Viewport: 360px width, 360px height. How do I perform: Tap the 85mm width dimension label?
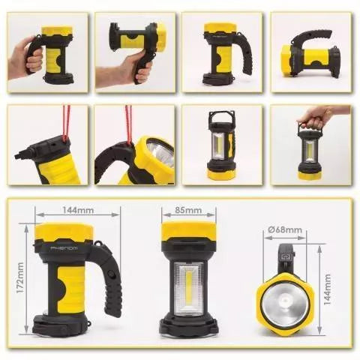coord(184,211)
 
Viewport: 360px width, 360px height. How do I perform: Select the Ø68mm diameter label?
coord(287,229)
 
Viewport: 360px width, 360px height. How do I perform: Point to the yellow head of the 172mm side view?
coord(65,231)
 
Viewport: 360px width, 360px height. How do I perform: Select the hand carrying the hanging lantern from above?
coord(315,115)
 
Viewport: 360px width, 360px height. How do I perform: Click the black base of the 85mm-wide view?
coord(184,325)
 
